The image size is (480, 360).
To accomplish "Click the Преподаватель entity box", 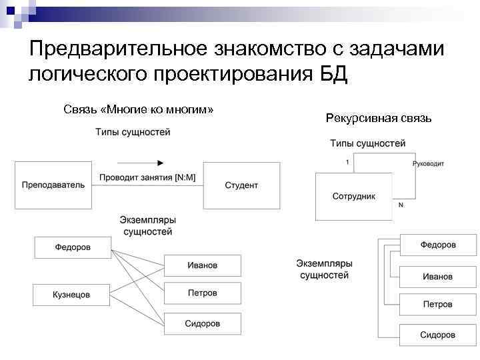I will point(53,185).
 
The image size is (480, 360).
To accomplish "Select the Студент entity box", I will point(241,185).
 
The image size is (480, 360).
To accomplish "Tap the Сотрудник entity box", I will point(353,196).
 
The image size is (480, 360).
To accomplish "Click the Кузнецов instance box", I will point(71,294).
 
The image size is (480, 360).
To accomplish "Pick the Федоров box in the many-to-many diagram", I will point(72,247).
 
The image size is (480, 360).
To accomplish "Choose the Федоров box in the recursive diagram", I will point(438,245).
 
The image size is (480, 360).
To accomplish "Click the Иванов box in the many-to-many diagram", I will point(202,265).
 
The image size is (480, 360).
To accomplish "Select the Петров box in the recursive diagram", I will point(438,304).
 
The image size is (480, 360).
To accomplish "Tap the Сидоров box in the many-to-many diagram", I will point(202,323).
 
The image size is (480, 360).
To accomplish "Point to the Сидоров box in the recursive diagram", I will point(438,335).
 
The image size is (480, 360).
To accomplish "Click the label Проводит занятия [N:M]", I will point(147,177).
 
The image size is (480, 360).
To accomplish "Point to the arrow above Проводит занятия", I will point(140,162).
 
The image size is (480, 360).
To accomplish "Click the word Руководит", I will point(428,163).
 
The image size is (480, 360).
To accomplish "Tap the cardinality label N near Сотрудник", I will point(401,205).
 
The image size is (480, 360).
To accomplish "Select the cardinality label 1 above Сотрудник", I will point(347,162).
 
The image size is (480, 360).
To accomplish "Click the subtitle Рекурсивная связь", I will point(378,118).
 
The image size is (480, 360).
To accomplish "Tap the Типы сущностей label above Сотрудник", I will point(367,143).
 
